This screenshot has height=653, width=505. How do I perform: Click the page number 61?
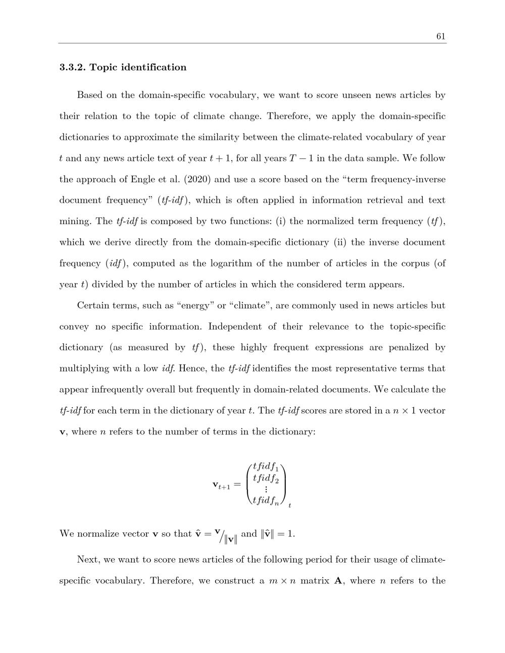(x=440, y=36)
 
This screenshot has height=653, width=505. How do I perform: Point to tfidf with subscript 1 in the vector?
(x=266, y=467)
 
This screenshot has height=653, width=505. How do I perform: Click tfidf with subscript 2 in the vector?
(x=266, y=478)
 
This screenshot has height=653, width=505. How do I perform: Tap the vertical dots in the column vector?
(x=266, y=489)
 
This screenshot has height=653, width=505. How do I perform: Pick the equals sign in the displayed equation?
(x=237, y=484)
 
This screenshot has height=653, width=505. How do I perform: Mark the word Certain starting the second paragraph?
(x=93, y=305)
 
